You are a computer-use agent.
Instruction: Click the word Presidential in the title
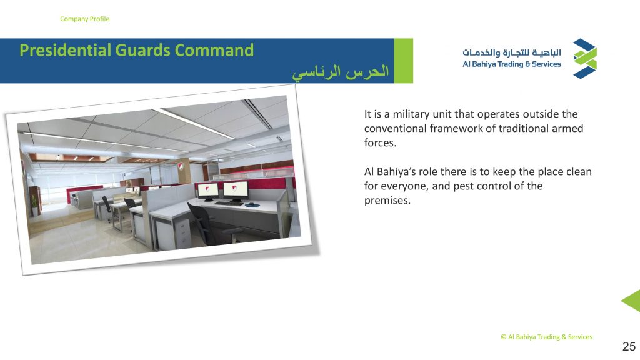(x=65, y=50)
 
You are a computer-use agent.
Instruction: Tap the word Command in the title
(x=214, y=50)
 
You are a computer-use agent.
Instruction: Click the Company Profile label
(x=84, y=19)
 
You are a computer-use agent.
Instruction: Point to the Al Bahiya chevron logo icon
(x=585, y=58)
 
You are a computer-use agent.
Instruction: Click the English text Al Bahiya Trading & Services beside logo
(x=512, y=64)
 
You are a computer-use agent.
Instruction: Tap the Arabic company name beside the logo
(x=512, y=52)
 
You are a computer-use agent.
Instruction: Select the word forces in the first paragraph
(x=380, y=143)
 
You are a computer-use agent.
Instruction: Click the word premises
(x=387, y=201)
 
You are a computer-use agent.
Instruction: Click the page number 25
(x=629, y=346)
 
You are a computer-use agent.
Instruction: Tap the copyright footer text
(x=546, y=337)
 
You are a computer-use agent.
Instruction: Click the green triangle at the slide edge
(x=632, y=301)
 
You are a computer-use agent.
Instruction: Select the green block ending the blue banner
(x=403, y=61)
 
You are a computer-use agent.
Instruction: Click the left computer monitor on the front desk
(x=207, y=190)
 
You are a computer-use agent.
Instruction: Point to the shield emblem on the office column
(x=181, y=166)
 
